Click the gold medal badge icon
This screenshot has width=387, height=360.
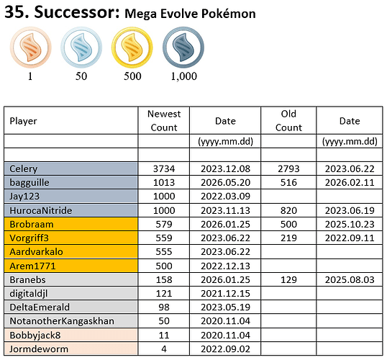pos(132,48)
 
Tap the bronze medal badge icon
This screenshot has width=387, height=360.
pos(31,48)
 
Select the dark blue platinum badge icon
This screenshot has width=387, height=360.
pos(183,48)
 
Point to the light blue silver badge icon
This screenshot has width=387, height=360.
pos(81,48)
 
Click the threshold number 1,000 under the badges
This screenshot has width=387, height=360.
pos(184,76)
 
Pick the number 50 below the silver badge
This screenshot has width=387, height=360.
pos(81,76)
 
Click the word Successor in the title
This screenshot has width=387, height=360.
pos(76,12)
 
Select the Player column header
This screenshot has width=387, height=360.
pos(23,121)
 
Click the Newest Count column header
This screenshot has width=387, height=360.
pos(164,120)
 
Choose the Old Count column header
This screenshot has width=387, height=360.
pos(288,120)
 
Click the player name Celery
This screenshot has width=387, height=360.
pos(24,169)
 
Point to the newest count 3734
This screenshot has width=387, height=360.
pos(164,169)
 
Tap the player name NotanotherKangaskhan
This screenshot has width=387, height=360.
pos(62,321)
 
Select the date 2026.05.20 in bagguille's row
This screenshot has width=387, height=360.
pos(225,183)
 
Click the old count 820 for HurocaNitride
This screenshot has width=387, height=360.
pos(288,210)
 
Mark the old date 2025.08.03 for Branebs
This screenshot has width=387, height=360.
pos(350,279)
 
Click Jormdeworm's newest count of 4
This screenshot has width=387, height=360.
pos(164,349)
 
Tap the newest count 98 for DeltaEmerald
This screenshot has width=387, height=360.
pos(164,307)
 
